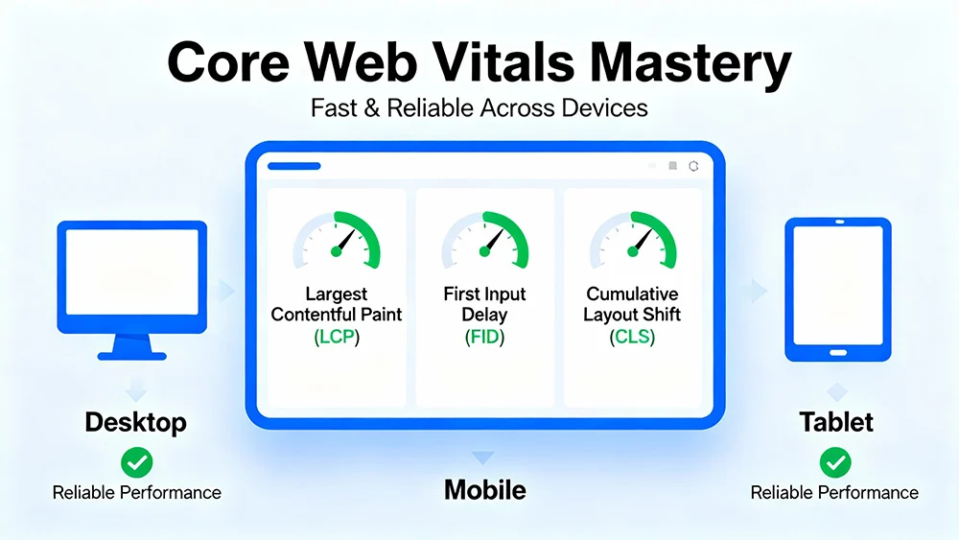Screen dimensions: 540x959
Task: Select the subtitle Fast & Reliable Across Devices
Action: pos(479,107)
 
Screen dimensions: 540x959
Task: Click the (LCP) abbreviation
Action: pos(337,337)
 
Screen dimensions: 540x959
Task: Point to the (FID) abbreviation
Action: pos(484,337)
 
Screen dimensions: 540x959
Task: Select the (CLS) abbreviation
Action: pos(632,337)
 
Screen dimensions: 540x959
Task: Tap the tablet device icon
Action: pos(838,289)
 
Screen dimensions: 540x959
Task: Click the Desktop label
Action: pos(135,422)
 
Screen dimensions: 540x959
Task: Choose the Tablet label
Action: pos(835,422)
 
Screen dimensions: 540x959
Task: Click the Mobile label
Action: pos(484,490)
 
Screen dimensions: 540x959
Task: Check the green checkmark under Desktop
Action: pos(136,461)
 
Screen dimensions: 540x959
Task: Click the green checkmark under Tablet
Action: pos(834,461)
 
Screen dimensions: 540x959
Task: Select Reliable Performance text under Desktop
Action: pos(136,493)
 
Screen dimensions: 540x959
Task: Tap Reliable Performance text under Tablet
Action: pos(834,493)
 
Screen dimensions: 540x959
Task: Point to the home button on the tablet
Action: pos(838,352)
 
